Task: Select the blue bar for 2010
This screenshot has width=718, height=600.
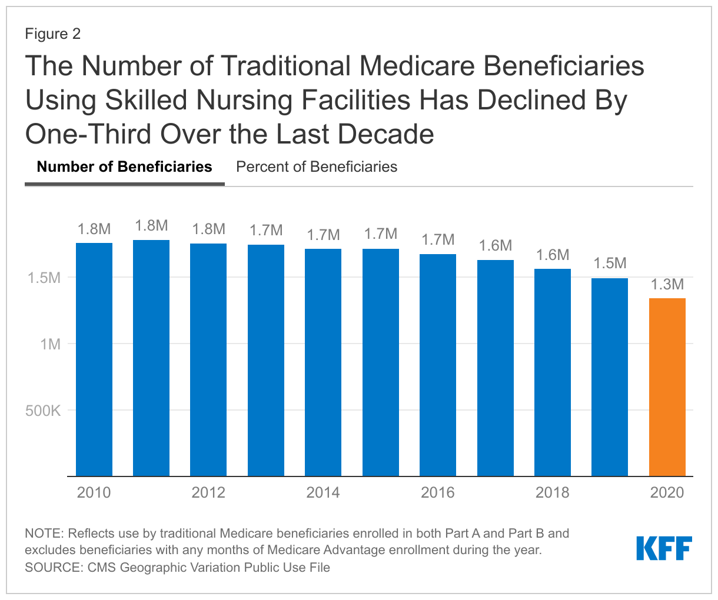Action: pos(94,359)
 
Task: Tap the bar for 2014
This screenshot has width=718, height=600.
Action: pos(323,362)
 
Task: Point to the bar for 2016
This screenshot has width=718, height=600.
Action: pos(438,365)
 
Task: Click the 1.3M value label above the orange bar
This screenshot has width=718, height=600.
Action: pos(667,285)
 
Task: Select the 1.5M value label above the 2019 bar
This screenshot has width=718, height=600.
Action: pos(610,264)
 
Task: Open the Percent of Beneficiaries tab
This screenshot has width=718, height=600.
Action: pos(317,167)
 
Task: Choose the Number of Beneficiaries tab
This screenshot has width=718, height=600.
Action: pos(124,167)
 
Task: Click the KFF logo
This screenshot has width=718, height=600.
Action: pos(663,548)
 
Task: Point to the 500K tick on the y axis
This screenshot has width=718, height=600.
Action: pos(43,411)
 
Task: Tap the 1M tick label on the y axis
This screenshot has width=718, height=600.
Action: pos(51,344)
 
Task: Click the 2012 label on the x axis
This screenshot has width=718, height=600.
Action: pos(208,492)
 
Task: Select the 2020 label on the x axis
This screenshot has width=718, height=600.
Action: pos(667,492)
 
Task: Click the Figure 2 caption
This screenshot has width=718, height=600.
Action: pos(53,34)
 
